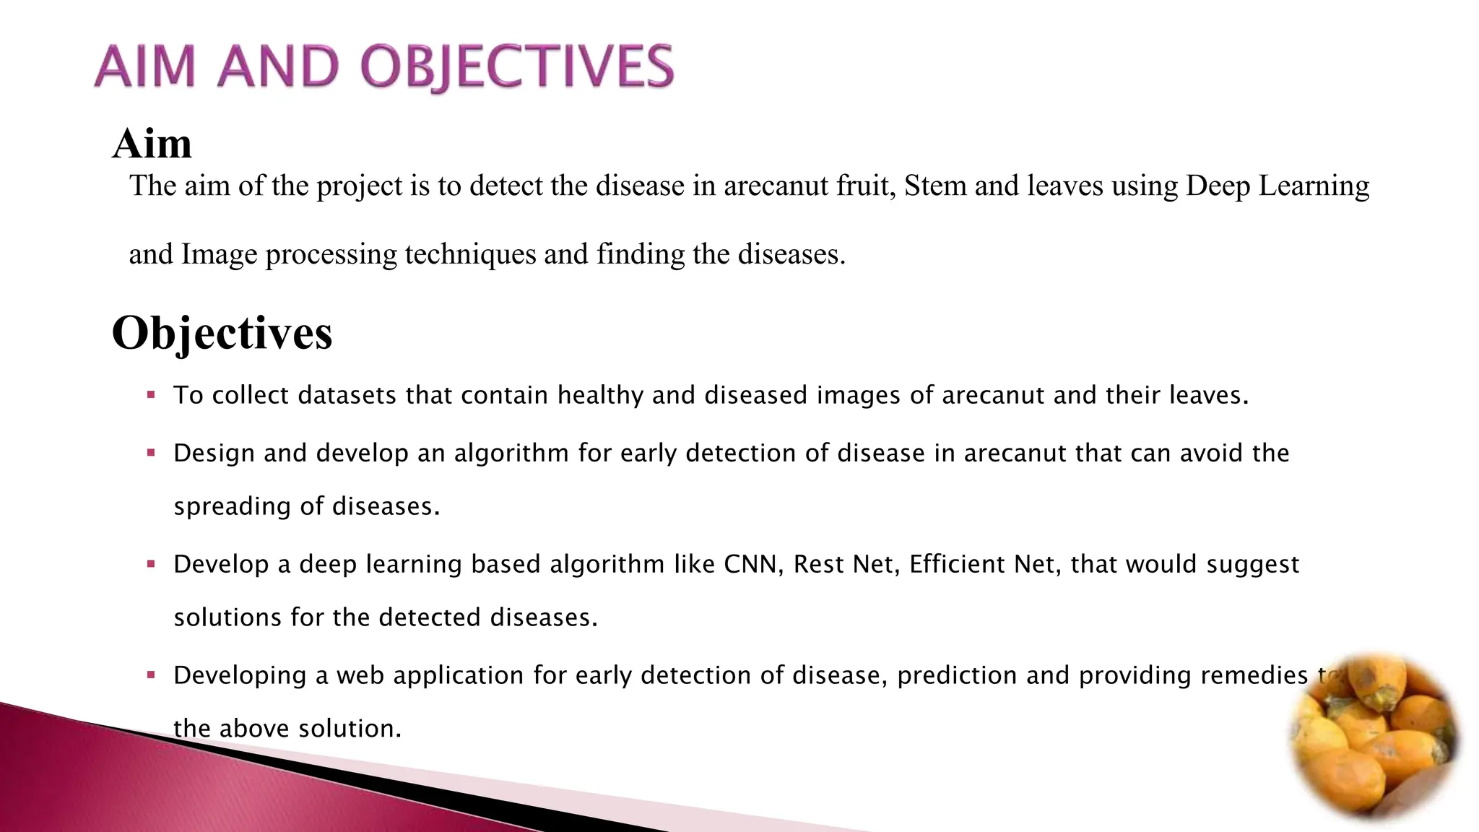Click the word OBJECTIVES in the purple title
pos(517,66)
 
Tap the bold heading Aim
pos(152,143)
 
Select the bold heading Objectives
pos(222,333)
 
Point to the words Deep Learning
pos(1277,186)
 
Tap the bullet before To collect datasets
pos(151,395)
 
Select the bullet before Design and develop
pos(151,453)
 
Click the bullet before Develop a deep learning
pos(151,564)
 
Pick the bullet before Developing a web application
pos(151,675)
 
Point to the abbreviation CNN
pos(752,564)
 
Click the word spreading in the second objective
pos(232,507)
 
